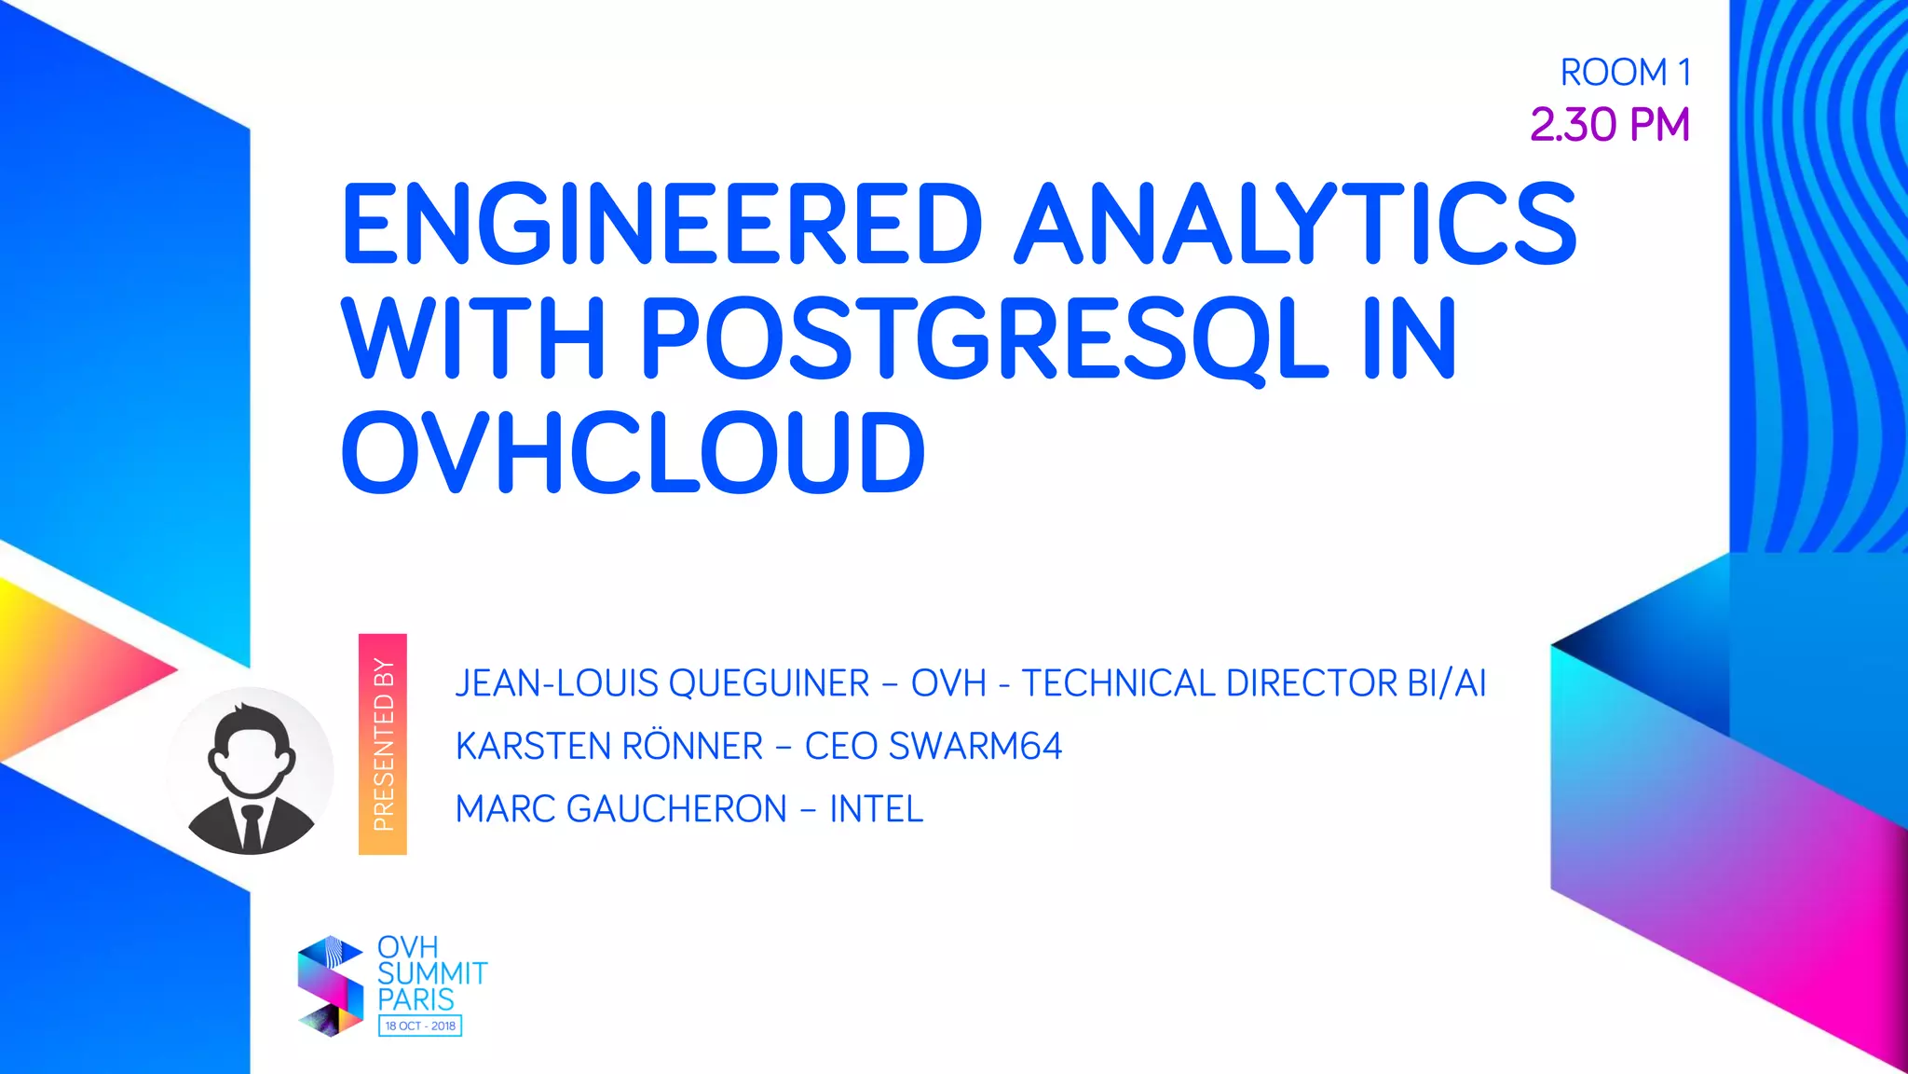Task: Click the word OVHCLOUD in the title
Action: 634,453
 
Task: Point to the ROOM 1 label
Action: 1625,73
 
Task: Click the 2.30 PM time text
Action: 1609,125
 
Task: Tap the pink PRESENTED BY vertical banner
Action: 383,744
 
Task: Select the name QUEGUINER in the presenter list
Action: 769,683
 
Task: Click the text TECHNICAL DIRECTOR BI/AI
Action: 1253,683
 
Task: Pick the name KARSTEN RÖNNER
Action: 609,747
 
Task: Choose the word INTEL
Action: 876,809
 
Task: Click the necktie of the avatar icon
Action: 252,827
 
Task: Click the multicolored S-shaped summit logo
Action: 330,986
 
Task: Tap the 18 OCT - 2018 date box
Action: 420,1026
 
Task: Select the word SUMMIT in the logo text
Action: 432,973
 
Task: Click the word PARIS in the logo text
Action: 416,999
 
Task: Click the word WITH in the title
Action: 474,338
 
